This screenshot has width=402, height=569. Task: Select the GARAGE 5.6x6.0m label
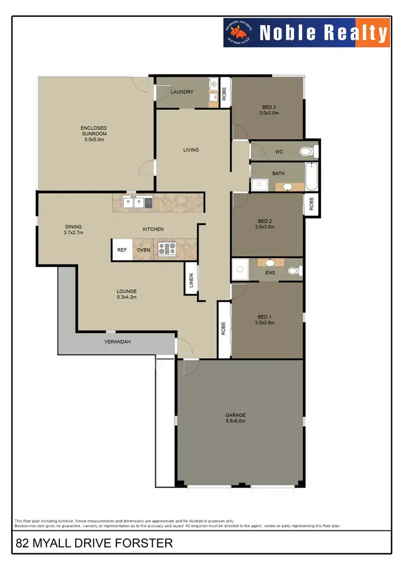point(235,418)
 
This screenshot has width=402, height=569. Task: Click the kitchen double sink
point(138,202)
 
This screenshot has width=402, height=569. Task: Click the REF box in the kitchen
point(122,250)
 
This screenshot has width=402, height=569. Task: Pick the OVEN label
point(143,250)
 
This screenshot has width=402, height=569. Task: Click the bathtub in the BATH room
point(311,177)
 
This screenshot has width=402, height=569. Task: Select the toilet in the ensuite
point(294,271)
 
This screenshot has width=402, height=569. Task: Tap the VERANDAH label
point(117,342)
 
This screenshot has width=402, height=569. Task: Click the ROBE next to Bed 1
point(224,328)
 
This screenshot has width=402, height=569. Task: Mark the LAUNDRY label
point(182,92)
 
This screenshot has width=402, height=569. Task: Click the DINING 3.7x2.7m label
point(73,230)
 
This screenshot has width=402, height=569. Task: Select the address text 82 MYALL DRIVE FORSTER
point(94,543)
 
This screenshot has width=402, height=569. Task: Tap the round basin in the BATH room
point(287,187)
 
